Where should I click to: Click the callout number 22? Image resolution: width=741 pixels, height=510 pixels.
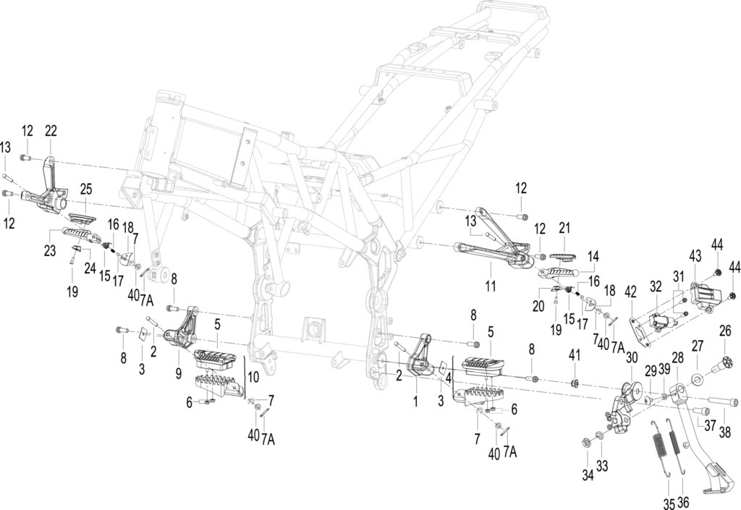[51, 131]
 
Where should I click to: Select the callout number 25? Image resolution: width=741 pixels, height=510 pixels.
[85, 190]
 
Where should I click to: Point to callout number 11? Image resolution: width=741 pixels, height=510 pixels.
[491, 285]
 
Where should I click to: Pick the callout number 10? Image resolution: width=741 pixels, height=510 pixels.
[253, 377]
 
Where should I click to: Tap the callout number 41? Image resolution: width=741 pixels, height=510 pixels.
[574, 354]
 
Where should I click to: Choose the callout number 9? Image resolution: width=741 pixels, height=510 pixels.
[178, 373]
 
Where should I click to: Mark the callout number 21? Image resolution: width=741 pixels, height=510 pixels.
[564, 228]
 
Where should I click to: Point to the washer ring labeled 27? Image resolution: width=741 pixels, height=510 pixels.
[697, 379]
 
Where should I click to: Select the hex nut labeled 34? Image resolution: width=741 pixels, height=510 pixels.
[585, 443]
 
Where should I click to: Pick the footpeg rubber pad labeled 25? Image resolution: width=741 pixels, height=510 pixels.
[82, 218]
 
